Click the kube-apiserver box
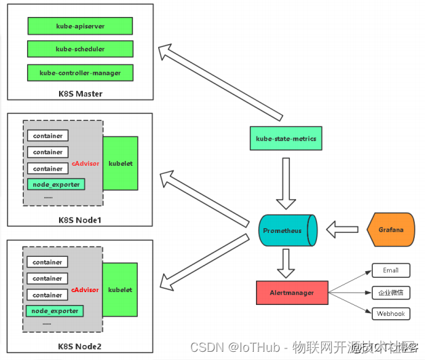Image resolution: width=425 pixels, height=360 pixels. point(79,26)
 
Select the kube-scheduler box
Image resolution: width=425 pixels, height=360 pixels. point(79,49)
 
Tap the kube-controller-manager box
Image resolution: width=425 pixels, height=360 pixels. point(79,72)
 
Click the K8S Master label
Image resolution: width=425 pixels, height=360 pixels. point(80,93)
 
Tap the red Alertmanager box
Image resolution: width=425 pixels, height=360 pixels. point(293,293)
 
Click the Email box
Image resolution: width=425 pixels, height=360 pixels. point(390,270)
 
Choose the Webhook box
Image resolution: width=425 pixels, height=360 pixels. point(390,314)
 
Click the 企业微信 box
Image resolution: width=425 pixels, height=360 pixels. point(390,292)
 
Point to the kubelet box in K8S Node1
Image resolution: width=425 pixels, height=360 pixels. point(120,164)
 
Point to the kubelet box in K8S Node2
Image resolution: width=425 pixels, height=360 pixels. point(120,290)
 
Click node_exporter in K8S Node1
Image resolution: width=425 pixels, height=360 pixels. point(56,184)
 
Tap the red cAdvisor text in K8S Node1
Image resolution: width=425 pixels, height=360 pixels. point(86,163)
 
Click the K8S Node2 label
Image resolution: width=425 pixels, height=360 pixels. point(80,346)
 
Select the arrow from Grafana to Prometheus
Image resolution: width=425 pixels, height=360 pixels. point(342,230)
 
